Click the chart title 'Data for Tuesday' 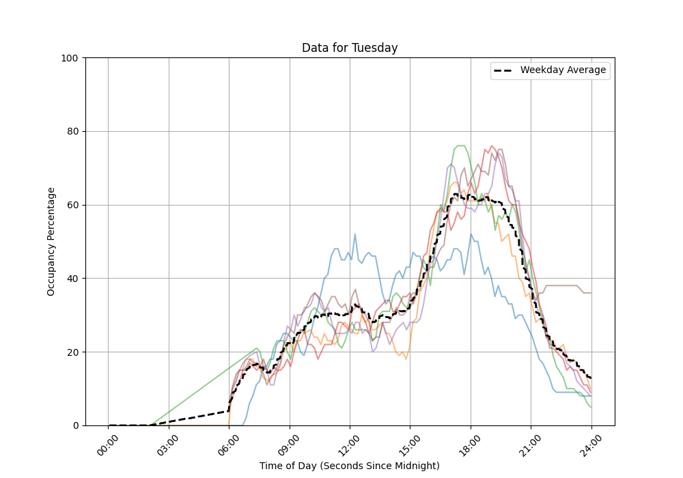pyautogui.click(x=350, y=48)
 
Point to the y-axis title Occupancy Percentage pyautogui.click(x=51, y=241)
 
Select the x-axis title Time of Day pyautogui.click(x=349, y=466)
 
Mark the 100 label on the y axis pyautogui.click(x=70, y=58)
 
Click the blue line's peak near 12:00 pyautogui.click(x=355, y=234)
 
